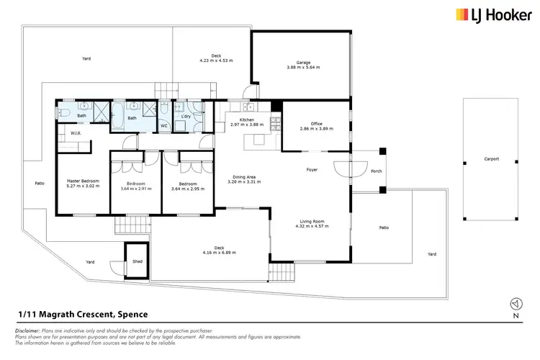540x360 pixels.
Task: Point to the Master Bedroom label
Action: tap(83, 180)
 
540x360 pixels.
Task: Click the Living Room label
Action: tap(312, 222)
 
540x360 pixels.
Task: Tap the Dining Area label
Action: tap(243, 178)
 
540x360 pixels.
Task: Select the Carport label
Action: tap(492, 159)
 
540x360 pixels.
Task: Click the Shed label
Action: tap(137, 261)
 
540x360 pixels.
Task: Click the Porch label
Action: tap(376, 172)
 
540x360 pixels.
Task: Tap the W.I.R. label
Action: tap(75, 133)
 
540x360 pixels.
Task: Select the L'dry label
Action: tap(185, 116)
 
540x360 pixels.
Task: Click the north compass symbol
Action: tap(514, 304)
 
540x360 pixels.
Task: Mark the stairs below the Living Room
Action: tap(282, 273)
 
